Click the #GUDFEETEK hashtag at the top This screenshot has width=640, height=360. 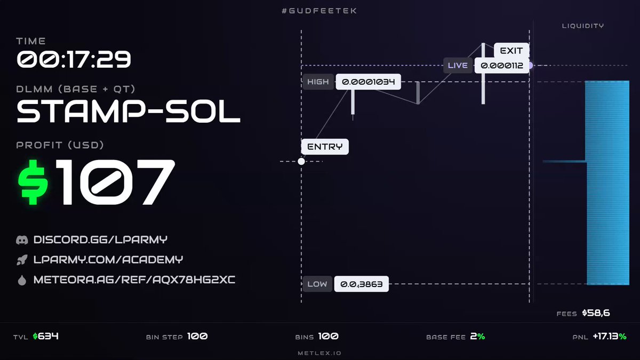pyautogui.click(x=319, y=11)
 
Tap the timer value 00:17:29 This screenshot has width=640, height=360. pyautogui.click(x=74, y=59)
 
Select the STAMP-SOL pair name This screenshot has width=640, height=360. pyautogui.click(x=129, y=111)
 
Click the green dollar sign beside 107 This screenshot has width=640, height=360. pyautogui.click(x=33, y=182)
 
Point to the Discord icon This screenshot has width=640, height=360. pyautogui.click(x=22, y=240)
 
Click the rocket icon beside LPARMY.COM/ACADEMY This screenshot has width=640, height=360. pyautogui.click(x=22, y=260)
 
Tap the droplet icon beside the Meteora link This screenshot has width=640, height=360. pyautogui.click(x=22, y=281)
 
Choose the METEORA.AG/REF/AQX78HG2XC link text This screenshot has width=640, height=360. pyautogui.click(x=134, y=279)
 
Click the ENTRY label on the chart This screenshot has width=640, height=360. pyautogui.click(x=325, y=147)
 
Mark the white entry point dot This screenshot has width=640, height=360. pyautogui.click(x=301, y=162)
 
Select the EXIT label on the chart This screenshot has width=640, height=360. pyautogui.click(x=511, y=51)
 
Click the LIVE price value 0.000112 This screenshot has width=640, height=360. pyautogui.click(x=502, y=66)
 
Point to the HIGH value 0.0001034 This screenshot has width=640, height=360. pyautogui.click(x=369, y=82)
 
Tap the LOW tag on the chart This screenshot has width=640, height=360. pyautogui.click(x=317, y=284)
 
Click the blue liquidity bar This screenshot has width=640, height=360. pyautogui.click(x=607, y=183)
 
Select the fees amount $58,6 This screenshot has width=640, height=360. pyautogui.click(x=596, y=313)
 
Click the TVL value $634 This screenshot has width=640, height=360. pyautogui.click(x=46, y=337)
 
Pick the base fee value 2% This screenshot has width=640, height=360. pyautogui.click(x=477, y=337)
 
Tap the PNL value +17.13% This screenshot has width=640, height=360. pyautogui.click(x=610, y=337)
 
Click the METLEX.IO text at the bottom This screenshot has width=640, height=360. pyautogui.click(x=319, y=353)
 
